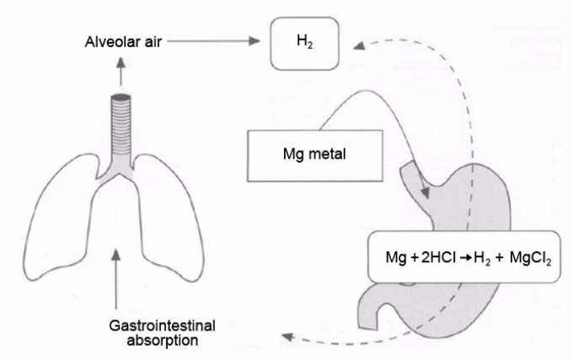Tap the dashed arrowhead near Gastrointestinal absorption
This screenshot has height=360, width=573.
coord(287,336)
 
